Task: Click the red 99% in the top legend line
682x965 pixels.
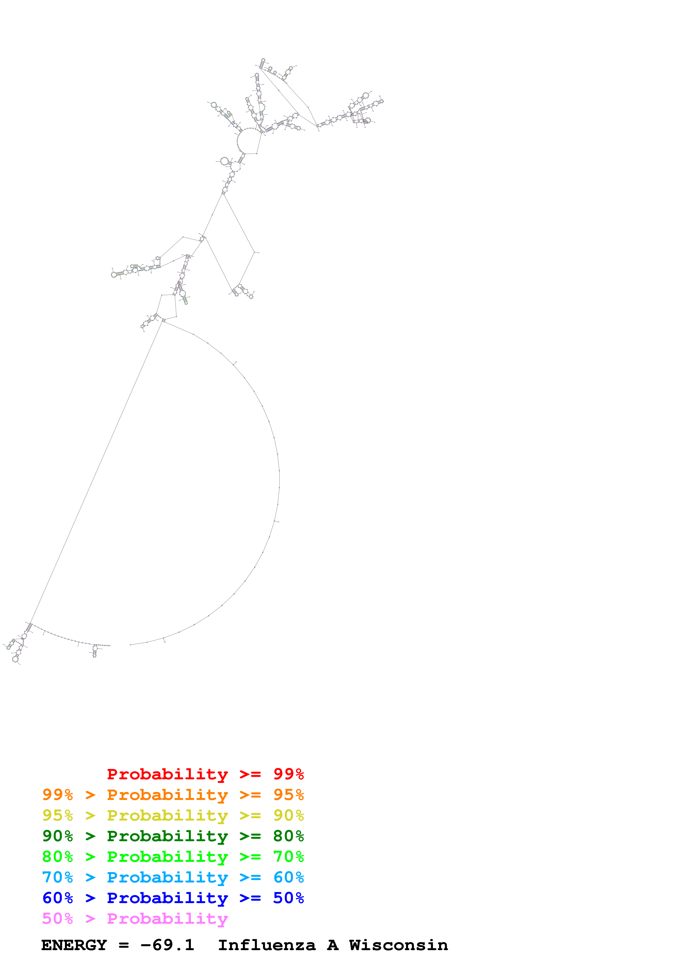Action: (288, 774)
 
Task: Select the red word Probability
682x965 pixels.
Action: (167, 774)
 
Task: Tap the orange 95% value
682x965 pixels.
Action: (288, 794)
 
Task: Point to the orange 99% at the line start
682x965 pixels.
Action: (57, 794)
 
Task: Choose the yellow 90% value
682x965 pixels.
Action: (288, 815)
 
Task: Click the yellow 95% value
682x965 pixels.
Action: (57, 815)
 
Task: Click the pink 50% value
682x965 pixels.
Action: (57, 918)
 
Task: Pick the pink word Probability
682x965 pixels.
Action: (167, 918)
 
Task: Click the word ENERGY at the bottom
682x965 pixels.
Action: (74, 945)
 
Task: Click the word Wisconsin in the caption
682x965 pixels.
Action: (398, 945)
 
